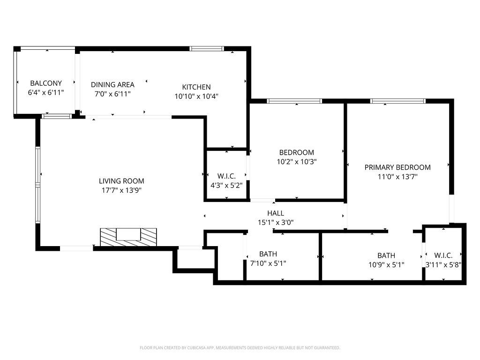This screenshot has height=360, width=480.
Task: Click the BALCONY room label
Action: [46, 83]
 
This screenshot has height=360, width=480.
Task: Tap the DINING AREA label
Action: [112, 84]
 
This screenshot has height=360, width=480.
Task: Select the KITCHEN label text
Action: [196, 87]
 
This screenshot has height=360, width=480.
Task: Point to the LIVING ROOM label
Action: [121, 181]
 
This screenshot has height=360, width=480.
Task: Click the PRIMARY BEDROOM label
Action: [397, 167]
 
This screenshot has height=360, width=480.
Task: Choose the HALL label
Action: [276, 213]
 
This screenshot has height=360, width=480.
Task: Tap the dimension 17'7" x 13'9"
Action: [121, 190]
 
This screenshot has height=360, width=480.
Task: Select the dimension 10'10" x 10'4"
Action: [196, 96]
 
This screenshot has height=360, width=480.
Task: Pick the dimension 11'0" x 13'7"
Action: [397, 177]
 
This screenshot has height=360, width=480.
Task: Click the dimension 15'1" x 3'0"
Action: [276, 223]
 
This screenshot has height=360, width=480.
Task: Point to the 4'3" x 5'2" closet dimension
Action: [227, 185]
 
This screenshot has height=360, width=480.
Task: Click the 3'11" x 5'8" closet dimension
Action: [443, 264]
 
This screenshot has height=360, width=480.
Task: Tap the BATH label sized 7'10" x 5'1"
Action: [268, 254]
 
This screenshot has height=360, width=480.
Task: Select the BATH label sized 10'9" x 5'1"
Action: [386, 255]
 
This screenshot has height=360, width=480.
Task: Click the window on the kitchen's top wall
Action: [207, 48]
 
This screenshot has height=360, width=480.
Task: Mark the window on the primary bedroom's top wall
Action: [397, 101]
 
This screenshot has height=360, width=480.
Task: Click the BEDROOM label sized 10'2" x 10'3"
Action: [296, 152]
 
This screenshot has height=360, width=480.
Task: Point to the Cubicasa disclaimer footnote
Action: [240, 348]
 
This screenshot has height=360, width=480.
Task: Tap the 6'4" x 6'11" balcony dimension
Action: [46, 93]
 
